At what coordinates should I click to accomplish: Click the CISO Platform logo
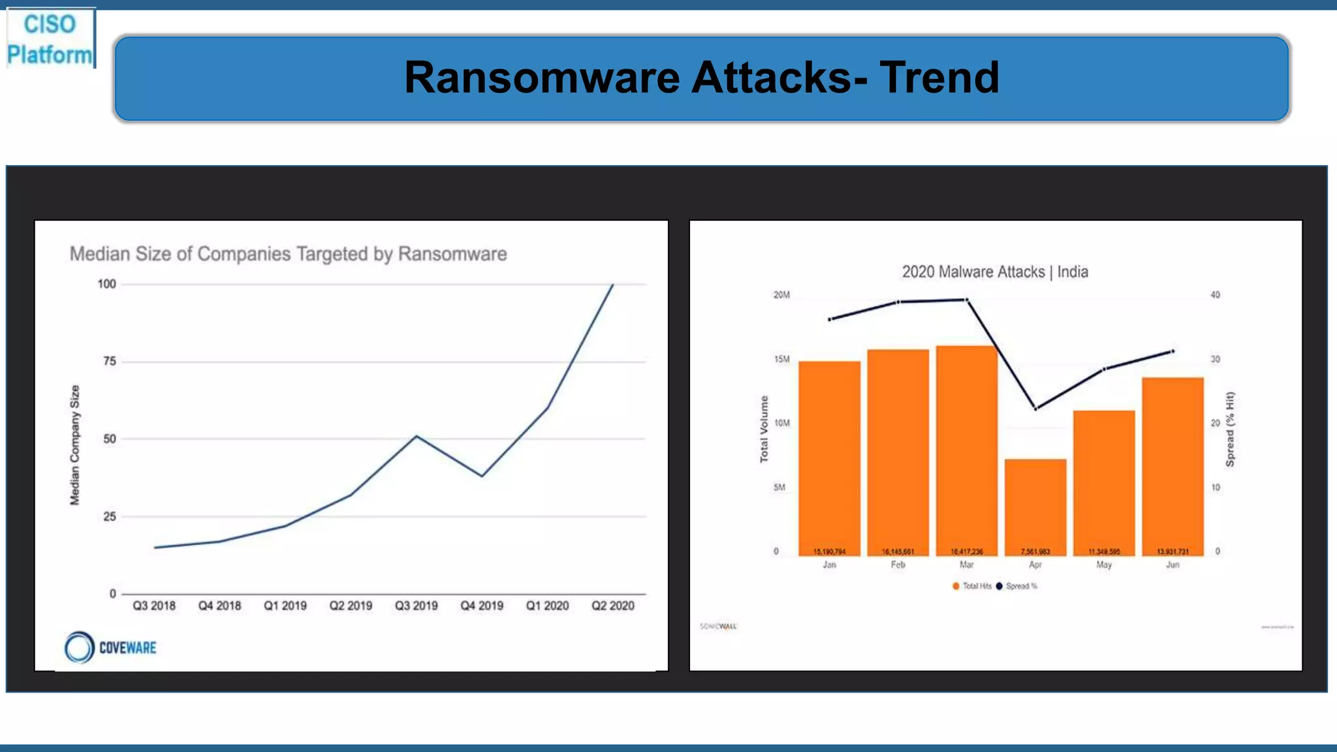50,39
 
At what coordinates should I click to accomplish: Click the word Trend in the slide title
939,78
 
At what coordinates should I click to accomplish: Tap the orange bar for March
967,450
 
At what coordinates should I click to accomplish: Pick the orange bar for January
829,457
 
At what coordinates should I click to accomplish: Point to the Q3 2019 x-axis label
417,606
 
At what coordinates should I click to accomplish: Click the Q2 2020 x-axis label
612,606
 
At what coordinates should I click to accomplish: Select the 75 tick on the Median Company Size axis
110,362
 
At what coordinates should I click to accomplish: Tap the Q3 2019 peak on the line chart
417,436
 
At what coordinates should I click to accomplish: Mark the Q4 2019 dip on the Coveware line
482,476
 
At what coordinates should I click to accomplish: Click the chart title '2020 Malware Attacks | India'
995,272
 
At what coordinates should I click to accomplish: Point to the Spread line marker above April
1035,409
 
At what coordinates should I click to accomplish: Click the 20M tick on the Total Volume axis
781,295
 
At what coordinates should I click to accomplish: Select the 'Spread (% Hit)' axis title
1230,429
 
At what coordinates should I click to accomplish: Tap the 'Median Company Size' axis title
75,445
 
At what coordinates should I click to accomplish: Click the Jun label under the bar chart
1172,565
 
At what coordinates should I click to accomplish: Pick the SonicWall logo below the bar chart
718,626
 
